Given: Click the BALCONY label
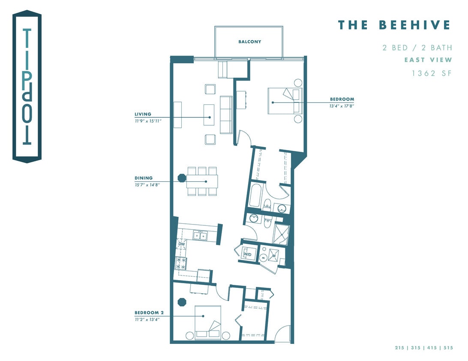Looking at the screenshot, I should [249, 42].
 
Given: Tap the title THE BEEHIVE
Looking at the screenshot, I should [394, 25].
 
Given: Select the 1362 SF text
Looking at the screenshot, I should [432, 73].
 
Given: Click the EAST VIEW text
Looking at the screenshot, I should [428, 60].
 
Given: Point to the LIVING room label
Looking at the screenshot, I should [143, 114].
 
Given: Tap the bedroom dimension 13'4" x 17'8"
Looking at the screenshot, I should [342, 106].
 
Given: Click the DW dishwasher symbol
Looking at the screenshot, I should [182, 244].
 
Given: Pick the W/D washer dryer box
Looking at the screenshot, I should [248, 254].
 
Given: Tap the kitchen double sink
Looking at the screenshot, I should [199, 235].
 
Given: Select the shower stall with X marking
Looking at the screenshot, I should [282, 234].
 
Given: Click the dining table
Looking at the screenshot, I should [201, 181].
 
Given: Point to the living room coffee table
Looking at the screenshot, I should [209, 114].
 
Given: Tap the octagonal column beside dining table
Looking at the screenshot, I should [182, 177].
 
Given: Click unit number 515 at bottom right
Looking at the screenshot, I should [448, 348].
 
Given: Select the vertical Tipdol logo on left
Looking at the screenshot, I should [27, 87].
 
